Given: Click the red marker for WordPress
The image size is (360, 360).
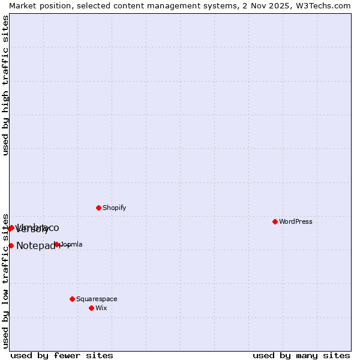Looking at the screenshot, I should (x=275, y=221).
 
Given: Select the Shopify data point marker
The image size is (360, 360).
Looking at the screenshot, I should (x=98, y=208).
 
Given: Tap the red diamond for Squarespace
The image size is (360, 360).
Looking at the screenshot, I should (x=72, y=299).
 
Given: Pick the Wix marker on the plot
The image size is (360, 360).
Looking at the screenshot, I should (x=91, y=308).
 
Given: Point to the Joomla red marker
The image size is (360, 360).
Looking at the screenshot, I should (x=57, y=244).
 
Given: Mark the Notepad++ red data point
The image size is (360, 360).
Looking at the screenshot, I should (x=11, y=245).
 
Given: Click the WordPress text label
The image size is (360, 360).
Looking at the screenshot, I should (x=296, y=221).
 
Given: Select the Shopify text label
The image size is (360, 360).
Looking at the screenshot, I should (x=114, y=208).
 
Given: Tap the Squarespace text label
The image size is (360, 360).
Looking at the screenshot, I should (x=97, y=299).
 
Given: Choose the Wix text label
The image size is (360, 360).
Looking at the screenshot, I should (x=101, y=308).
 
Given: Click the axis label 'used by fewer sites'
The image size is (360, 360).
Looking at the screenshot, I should (x=62, y=355).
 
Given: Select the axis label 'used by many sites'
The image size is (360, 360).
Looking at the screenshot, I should (x=301, y=355).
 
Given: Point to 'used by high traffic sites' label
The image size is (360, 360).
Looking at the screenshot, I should (x=6, y=85).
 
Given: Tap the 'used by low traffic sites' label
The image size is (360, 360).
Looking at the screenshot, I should (x=6, y=281).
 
